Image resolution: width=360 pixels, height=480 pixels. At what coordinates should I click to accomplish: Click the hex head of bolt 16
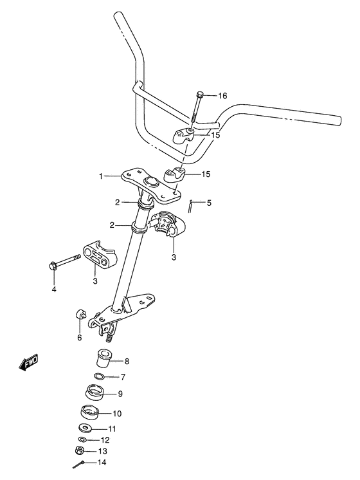coord(200,95)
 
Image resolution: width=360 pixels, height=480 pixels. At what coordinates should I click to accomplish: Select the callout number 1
coord(101,175)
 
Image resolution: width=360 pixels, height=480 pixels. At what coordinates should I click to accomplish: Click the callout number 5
coord(208,203)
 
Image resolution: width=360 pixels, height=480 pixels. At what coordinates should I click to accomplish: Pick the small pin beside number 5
coord(192,206)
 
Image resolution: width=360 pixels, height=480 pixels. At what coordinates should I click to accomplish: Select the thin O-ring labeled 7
coord(99,376)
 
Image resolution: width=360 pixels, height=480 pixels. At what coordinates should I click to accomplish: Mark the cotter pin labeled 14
coord(78,465)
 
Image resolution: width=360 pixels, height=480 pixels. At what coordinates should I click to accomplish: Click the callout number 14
coord(103,463)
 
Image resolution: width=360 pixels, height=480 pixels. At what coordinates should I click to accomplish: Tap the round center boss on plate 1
coord(151,182)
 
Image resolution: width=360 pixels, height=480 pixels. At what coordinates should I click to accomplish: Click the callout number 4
coord(54,289)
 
